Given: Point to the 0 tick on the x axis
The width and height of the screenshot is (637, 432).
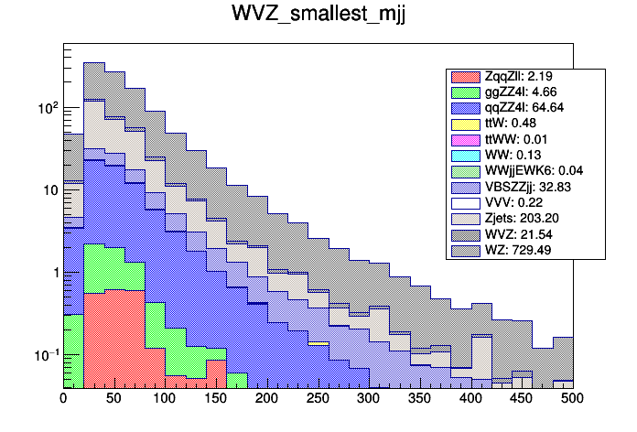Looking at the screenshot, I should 63,399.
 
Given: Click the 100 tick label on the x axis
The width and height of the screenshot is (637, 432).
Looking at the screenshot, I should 165,399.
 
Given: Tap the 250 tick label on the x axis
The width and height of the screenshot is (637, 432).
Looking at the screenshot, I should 318,399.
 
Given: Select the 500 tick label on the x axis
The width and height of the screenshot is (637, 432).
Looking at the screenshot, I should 572,399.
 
